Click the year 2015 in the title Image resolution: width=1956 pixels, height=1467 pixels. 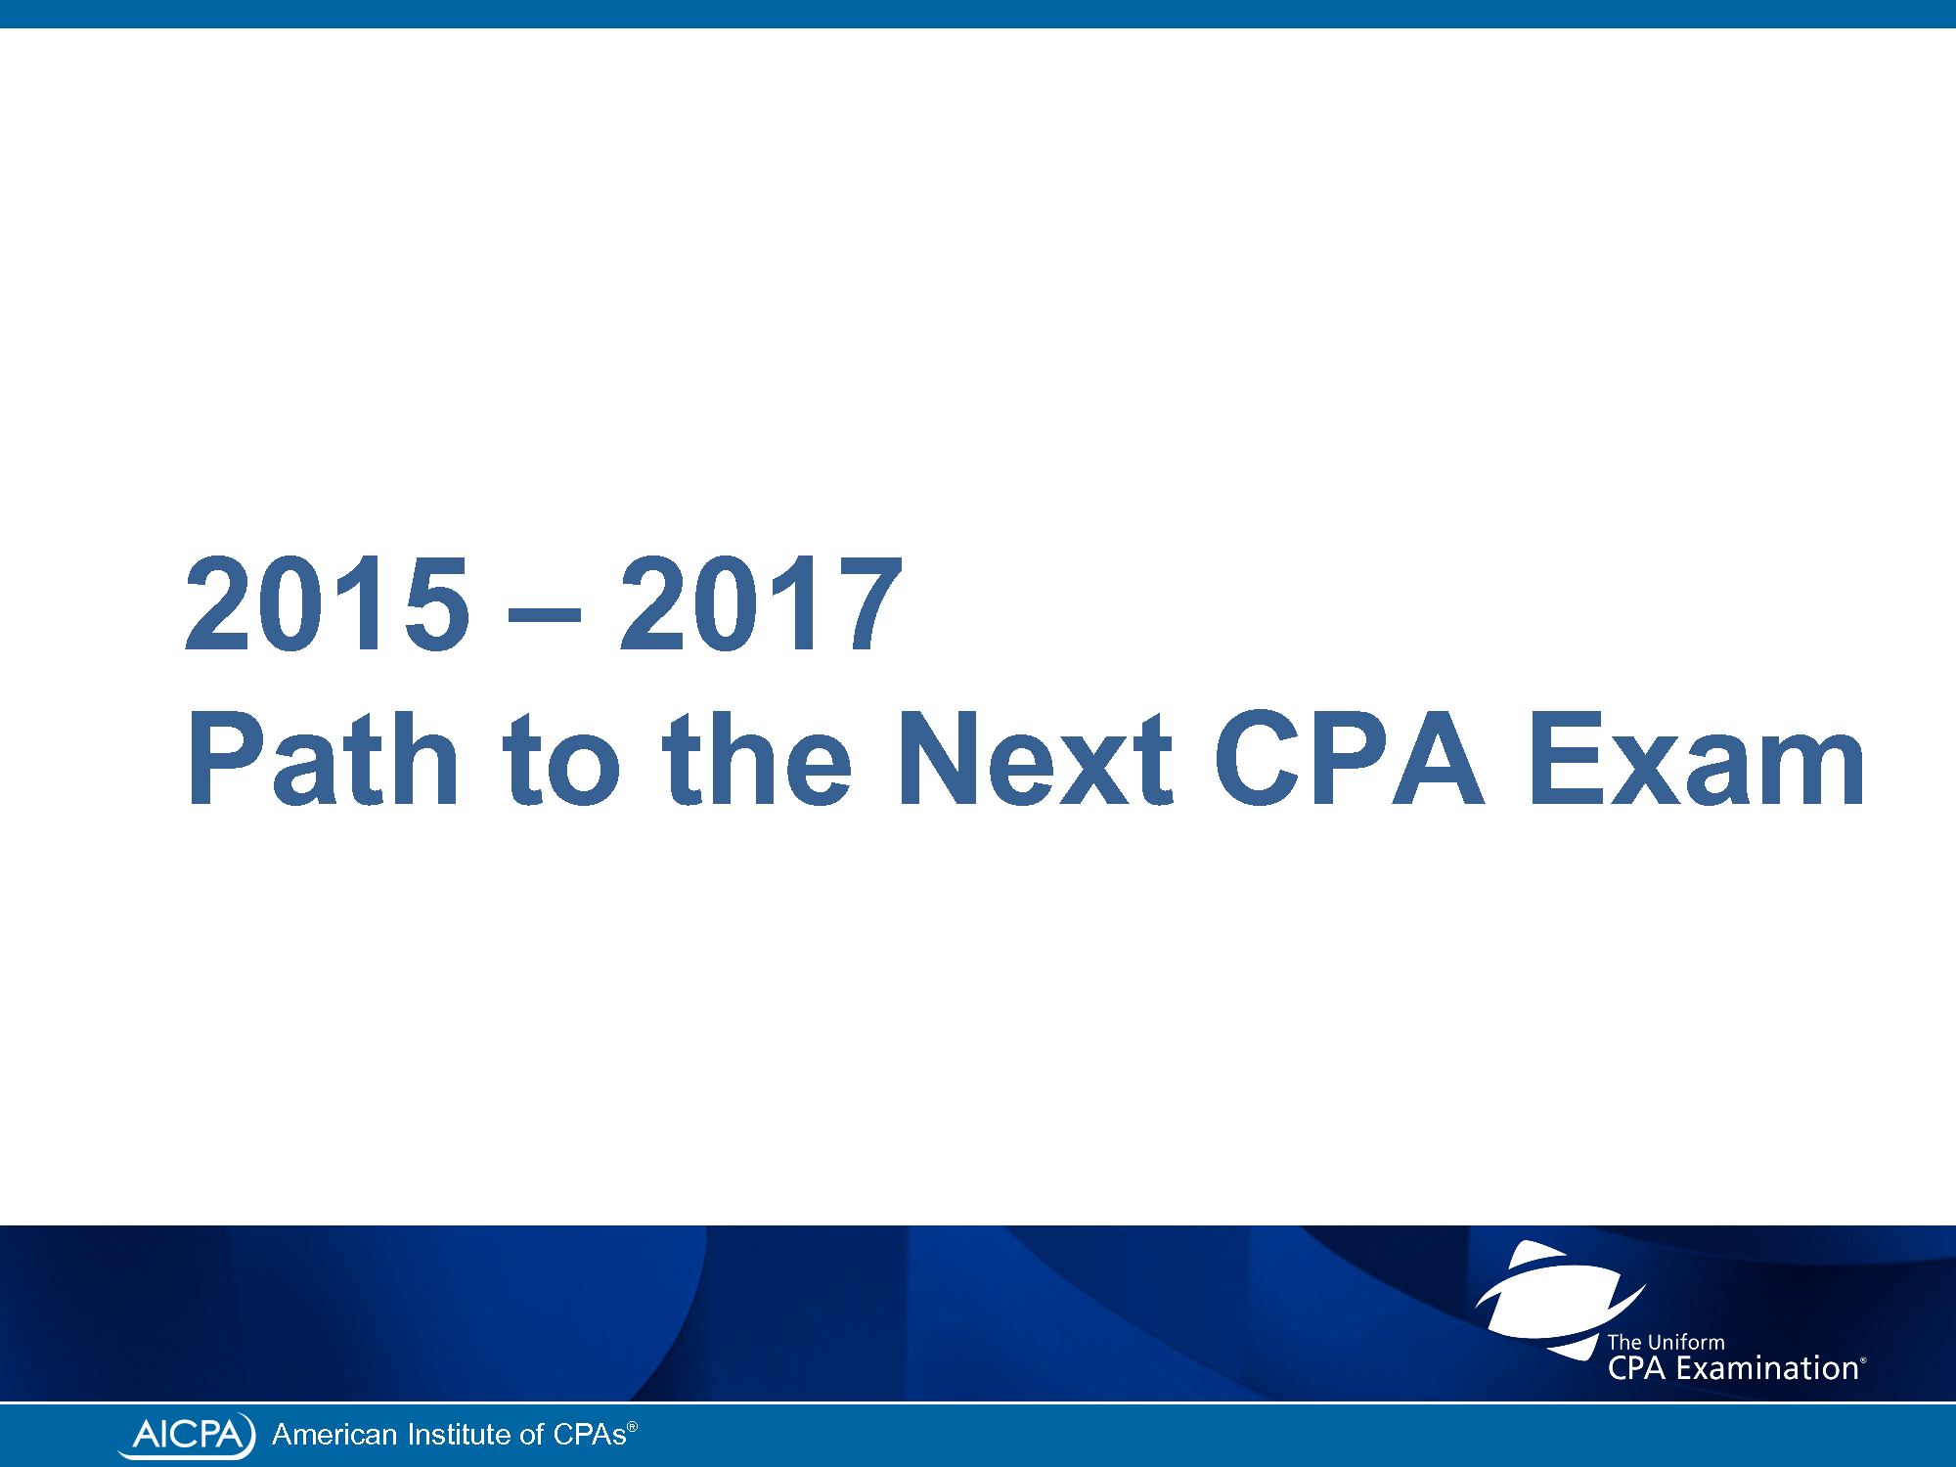[x=328, y=602]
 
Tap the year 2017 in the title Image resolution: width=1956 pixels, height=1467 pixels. [x=761, y=602]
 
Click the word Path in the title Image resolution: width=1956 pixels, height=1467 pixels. [x=323, y=757]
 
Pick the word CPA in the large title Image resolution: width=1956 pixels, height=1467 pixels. [x=1349, y=757]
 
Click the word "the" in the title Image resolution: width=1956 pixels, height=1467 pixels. [x=757, y=757]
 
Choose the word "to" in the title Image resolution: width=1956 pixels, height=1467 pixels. [x=561, y=759]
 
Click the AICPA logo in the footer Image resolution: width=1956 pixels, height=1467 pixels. [x=187, y=1435]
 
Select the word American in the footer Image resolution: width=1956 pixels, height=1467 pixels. [x=334, y=1435]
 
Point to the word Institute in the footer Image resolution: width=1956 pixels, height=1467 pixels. [x=459, y=1435]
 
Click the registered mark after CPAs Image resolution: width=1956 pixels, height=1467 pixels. [x=633, y=1427]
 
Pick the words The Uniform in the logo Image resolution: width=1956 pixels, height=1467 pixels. [x=1666, y=1343]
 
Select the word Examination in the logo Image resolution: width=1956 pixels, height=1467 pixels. [x=1767, y=1368]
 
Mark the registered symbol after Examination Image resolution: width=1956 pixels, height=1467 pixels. [x=1863, y=1360]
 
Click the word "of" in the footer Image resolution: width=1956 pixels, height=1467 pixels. [x=531, y=1435]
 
